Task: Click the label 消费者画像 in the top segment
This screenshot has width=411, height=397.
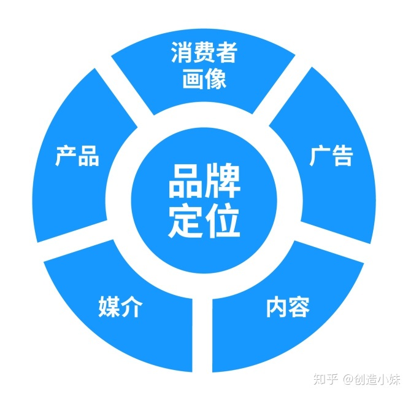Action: [x=205, y=65]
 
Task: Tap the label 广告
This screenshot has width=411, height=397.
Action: [x=331, y=156]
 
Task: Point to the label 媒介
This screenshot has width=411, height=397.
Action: [x=120, y=307]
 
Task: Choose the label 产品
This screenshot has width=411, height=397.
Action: [x=77, y=156]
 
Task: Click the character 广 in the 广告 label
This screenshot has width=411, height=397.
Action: [x=320, y=156]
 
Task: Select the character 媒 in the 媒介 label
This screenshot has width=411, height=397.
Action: [x=109, y=307]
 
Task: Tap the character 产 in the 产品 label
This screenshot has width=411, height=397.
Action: [x=66, y=156]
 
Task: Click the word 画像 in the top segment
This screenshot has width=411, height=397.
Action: [x=205, y=79]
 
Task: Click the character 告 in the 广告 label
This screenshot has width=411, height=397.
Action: [x=342, y=156]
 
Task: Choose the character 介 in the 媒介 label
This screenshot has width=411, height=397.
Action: [x=131, y=307]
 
